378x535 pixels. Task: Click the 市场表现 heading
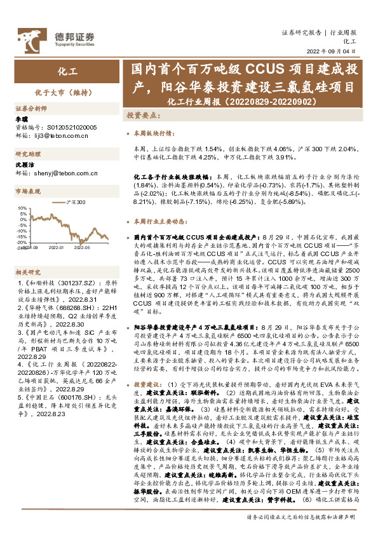(x=27, y=191)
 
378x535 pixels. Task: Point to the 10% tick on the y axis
(x=22, y=208)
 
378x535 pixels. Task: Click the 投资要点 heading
(x=143, y=117)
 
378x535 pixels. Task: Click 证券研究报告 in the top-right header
(x=301, y=32)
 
